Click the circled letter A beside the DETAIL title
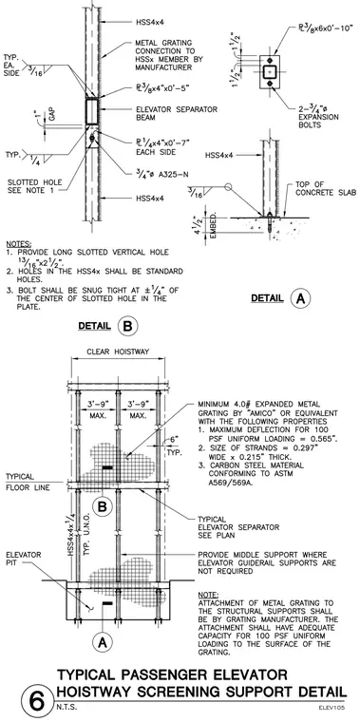(x=300, y=298)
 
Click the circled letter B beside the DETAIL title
(x=127, y=326)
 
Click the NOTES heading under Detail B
(x=19, y=243)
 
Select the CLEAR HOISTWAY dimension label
(x=119, y=351)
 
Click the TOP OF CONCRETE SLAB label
(x=326, y=189)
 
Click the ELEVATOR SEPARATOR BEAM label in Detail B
(x=177, y=113)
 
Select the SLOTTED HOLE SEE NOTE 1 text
(x=35, y=186)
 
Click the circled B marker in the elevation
(x=102, y=507)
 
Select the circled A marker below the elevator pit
(x=103, y=641)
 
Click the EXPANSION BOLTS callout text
(x=318, y=121)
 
